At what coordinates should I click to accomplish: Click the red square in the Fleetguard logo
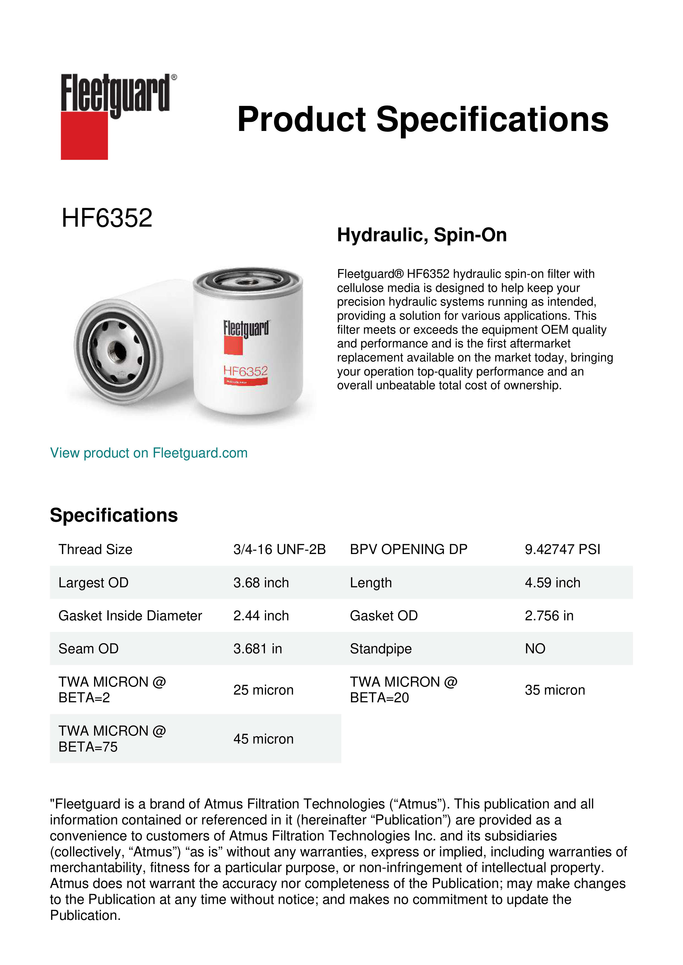84,135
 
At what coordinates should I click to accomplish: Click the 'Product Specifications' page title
423,119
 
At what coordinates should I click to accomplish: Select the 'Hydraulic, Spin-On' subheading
422,235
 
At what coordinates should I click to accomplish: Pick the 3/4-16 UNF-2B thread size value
279,549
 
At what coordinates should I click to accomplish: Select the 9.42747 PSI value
562,549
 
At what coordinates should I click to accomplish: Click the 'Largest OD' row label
93,583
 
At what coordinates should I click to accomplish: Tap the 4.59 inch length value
552,583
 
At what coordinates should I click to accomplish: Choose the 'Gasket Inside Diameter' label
130,616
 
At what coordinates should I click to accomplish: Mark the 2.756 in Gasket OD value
549,616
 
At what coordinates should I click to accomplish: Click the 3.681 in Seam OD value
257,649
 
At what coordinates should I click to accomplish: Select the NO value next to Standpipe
535,649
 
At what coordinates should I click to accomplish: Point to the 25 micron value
263,690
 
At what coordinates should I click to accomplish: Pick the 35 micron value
555,690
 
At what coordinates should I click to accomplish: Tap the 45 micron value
263,739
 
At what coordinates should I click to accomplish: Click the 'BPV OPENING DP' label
408,549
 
